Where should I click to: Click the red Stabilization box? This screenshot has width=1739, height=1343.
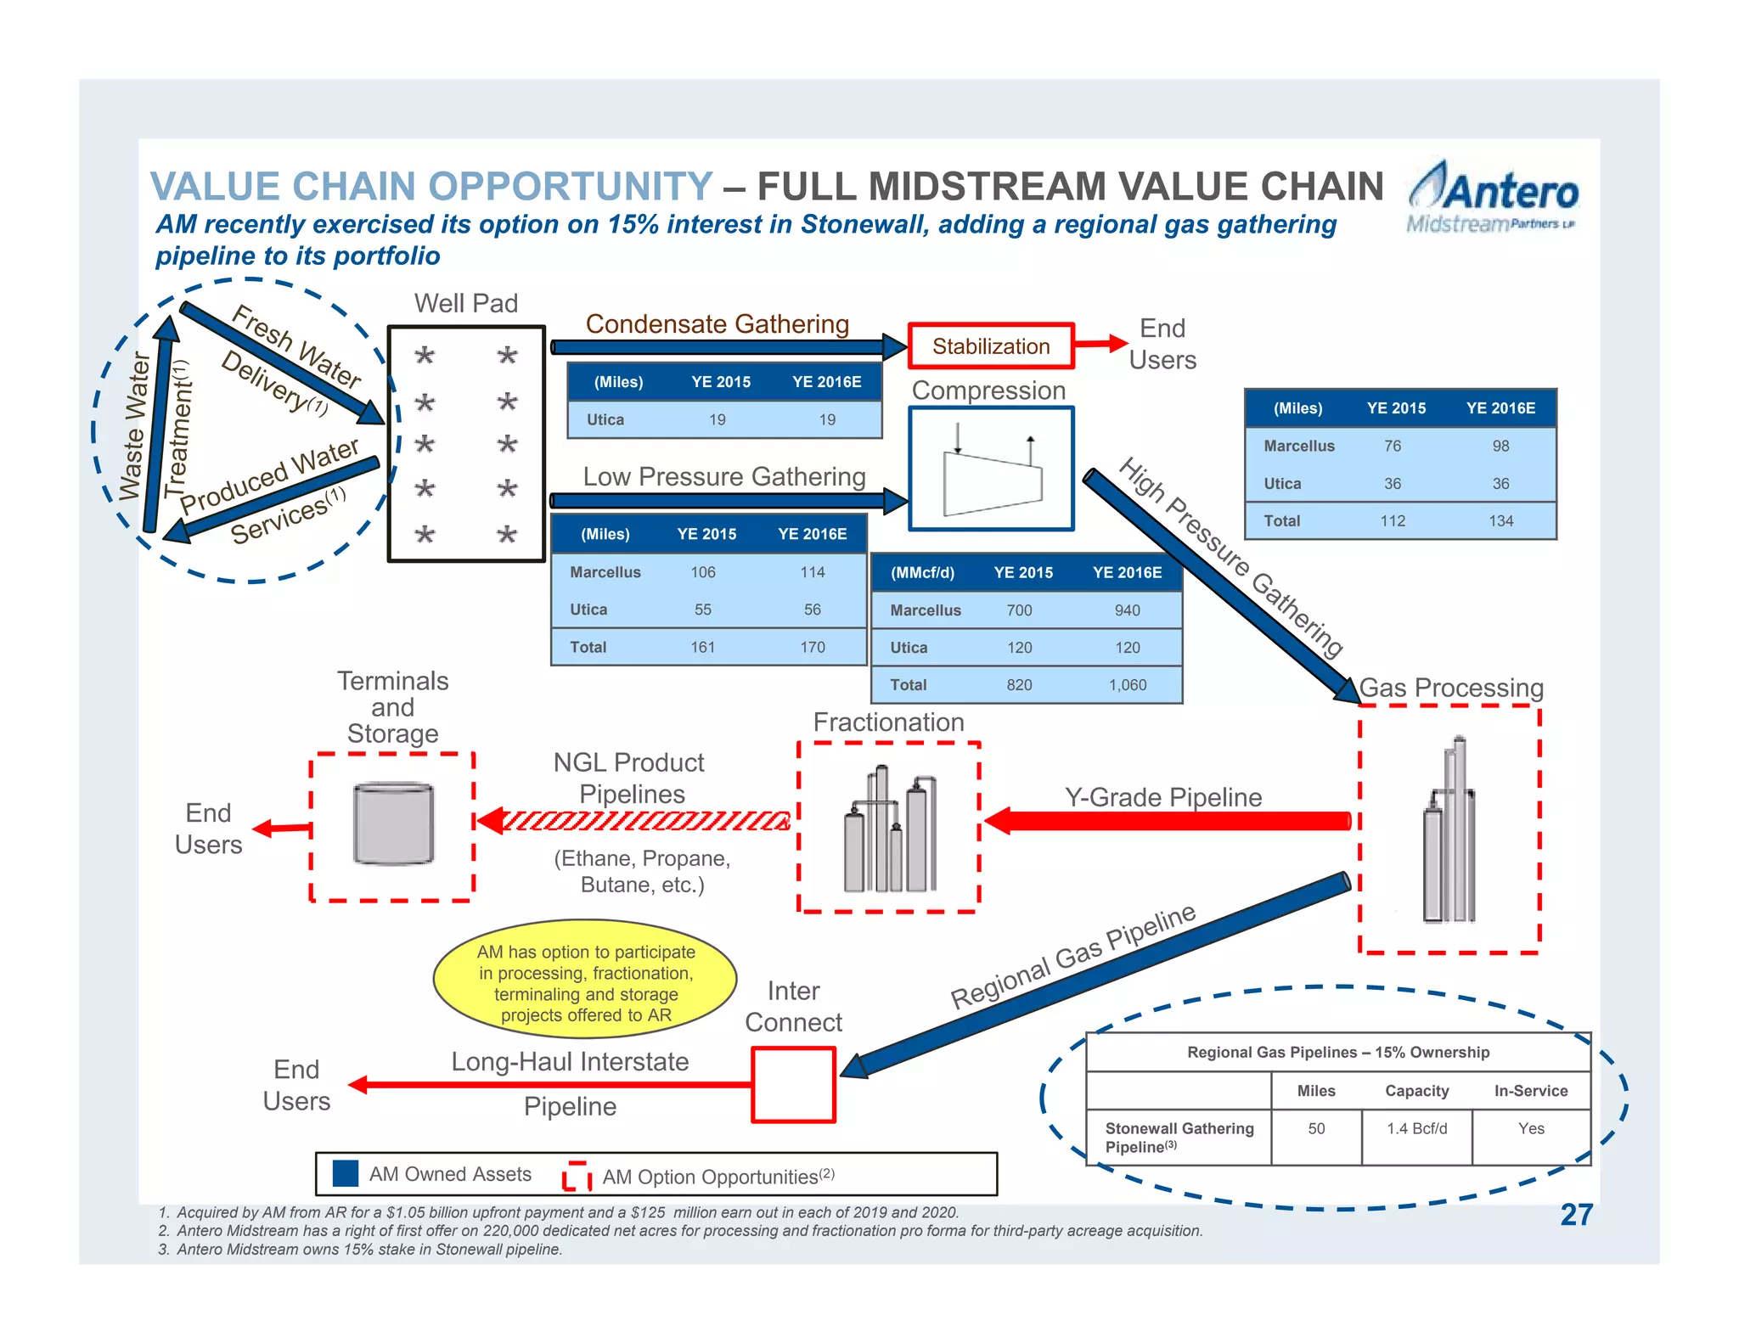[990, 346]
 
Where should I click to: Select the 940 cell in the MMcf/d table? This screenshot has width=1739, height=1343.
[1127, 610]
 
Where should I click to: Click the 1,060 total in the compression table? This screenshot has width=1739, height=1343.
[1127, 684]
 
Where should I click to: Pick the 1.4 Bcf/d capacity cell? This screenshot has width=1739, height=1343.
[1416, 1128]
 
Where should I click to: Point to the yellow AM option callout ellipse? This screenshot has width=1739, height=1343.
[585, 981]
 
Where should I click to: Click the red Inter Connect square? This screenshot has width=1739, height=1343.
[793, 1084]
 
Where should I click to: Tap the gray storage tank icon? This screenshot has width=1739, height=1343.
[393, 823]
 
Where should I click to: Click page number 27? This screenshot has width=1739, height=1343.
[1575, 1214]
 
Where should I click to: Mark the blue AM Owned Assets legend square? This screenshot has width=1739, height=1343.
[346, 1173]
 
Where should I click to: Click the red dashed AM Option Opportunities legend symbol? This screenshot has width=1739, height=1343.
[577, 1176]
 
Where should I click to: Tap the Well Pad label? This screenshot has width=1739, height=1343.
[465, 303]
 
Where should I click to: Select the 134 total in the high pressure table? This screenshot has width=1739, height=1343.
[1500, 520]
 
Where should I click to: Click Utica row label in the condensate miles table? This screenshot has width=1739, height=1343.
[605, 419]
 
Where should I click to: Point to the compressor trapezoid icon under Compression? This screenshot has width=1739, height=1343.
[992, 481]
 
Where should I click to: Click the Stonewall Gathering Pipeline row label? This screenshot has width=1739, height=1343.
[1179, 1137]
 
